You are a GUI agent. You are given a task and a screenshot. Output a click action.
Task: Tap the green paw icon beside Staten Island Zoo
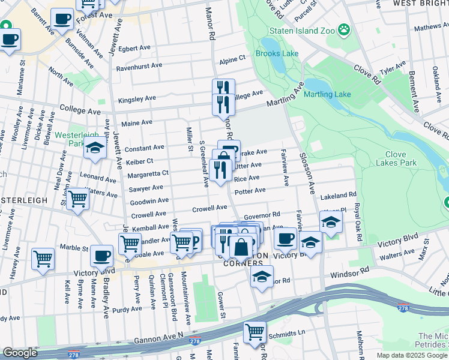[x=343, y=28]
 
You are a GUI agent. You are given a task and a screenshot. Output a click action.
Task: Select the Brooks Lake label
[x=277, y=53]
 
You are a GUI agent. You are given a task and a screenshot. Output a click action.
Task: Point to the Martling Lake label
[x=327, y=94]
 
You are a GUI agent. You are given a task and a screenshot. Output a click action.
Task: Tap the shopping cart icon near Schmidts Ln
[x=255, y=331]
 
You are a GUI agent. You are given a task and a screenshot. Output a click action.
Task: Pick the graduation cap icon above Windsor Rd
[x=262, y=277]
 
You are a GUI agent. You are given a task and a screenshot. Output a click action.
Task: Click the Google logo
[x=20, y=353]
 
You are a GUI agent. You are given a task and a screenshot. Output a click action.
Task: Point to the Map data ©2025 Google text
[x=412, y=355]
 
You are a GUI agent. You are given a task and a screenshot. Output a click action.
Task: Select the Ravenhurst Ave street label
[x=139, y=65]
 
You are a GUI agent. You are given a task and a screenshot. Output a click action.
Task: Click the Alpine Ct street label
[x=232, y=59]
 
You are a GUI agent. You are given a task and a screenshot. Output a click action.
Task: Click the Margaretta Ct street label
[x=148, y=174]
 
